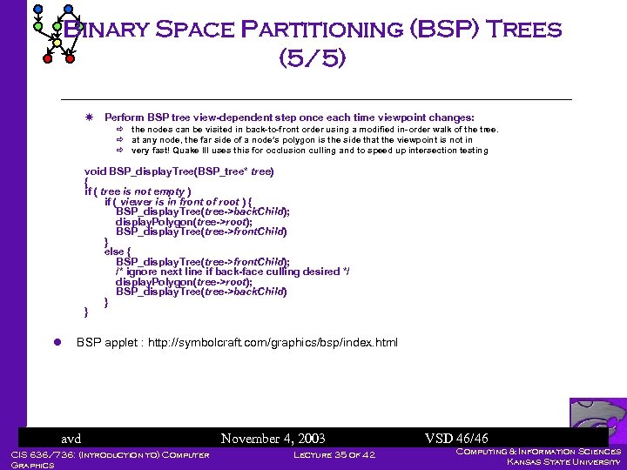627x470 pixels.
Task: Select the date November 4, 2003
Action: [x=273, y=439]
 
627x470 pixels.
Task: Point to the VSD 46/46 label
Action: [x=456, y=439]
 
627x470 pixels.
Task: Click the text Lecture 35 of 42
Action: [x=334, y=454]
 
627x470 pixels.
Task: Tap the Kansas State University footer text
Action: [x=563, y=462]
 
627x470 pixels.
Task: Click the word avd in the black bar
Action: [x=71, y=439]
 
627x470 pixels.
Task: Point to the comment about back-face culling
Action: [x=233, y=272]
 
